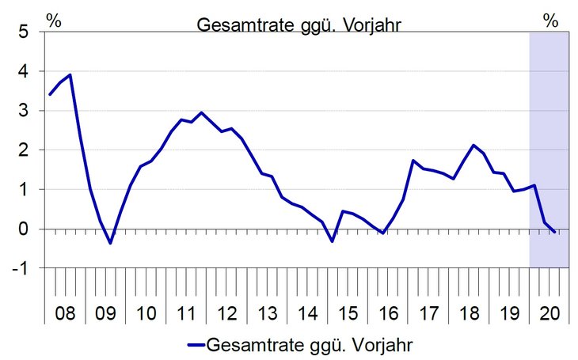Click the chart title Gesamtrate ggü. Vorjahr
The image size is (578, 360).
299,24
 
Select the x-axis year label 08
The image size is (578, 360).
65,313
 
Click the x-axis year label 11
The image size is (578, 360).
186,313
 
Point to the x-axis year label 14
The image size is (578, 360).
307,313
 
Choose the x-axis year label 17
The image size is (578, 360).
428,313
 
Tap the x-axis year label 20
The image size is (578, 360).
549,313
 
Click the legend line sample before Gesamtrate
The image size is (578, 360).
195,345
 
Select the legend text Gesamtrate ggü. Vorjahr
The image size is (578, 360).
310,345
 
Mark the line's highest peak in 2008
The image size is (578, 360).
70,75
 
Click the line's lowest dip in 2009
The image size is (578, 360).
110,243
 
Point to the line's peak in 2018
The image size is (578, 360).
473,145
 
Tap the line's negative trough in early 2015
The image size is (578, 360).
333,241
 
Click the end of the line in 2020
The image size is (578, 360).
555,232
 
